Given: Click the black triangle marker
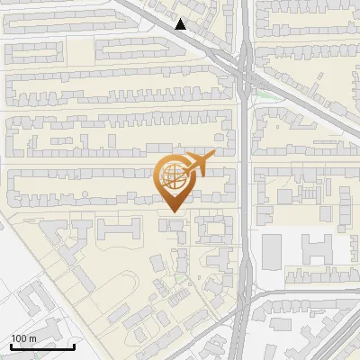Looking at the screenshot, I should coord(181,24).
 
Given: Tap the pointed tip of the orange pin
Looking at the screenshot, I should coord(172,211).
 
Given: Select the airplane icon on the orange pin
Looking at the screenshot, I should coord(197,163).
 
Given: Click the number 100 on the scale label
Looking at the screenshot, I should coord(20,338).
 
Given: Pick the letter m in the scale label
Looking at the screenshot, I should coord(32,338).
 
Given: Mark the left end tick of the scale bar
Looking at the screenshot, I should coord(10,346).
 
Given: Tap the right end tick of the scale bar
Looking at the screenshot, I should coord(74,346).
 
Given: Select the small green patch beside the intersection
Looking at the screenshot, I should coord(262,93).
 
